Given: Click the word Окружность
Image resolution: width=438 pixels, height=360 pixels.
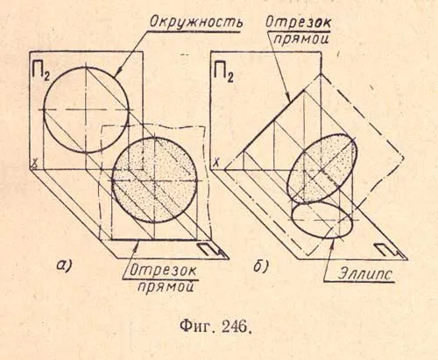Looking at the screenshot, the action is point(196,22).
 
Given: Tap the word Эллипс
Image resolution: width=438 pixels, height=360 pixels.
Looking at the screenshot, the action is point(364,274).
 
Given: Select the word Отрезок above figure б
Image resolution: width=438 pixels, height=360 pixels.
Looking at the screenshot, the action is point(298,22).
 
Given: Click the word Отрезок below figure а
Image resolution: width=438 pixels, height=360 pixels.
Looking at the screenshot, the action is point(162,271).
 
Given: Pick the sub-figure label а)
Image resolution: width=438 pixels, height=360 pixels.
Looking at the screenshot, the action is point(64,265).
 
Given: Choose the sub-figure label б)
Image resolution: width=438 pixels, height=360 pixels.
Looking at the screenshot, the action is point(260,265).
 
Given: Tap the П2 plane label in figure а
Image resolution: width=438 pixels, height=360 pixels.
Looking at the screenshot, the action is point(40,73).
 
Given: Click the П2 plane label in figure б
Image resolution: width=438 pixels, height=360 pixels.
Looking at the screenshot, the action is point(223,72).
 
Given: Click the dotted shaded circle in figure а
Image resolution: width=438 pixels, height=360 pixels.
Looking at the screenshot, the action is point(155,180).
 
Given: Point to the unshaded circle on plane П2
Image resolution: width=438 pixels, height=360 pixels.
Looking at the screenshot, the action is point(45,109).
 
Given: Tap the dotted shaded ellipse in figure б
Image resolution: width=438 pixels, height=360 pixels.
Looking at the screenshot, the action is point(322,169).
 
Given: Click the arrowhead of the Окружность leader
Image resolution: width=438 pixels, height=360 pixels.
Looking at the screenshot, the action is point(117,74).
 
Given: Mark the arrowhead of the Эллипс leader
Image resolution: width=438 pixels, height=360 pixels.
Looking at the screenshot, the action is point(332,242).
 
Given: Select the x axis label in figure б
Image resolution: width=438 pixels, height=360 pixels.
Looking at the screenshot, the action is point(216,162).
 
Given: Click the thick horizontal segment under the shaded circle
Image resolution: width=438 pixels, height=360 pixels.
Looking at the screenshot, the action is point(155,240).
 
